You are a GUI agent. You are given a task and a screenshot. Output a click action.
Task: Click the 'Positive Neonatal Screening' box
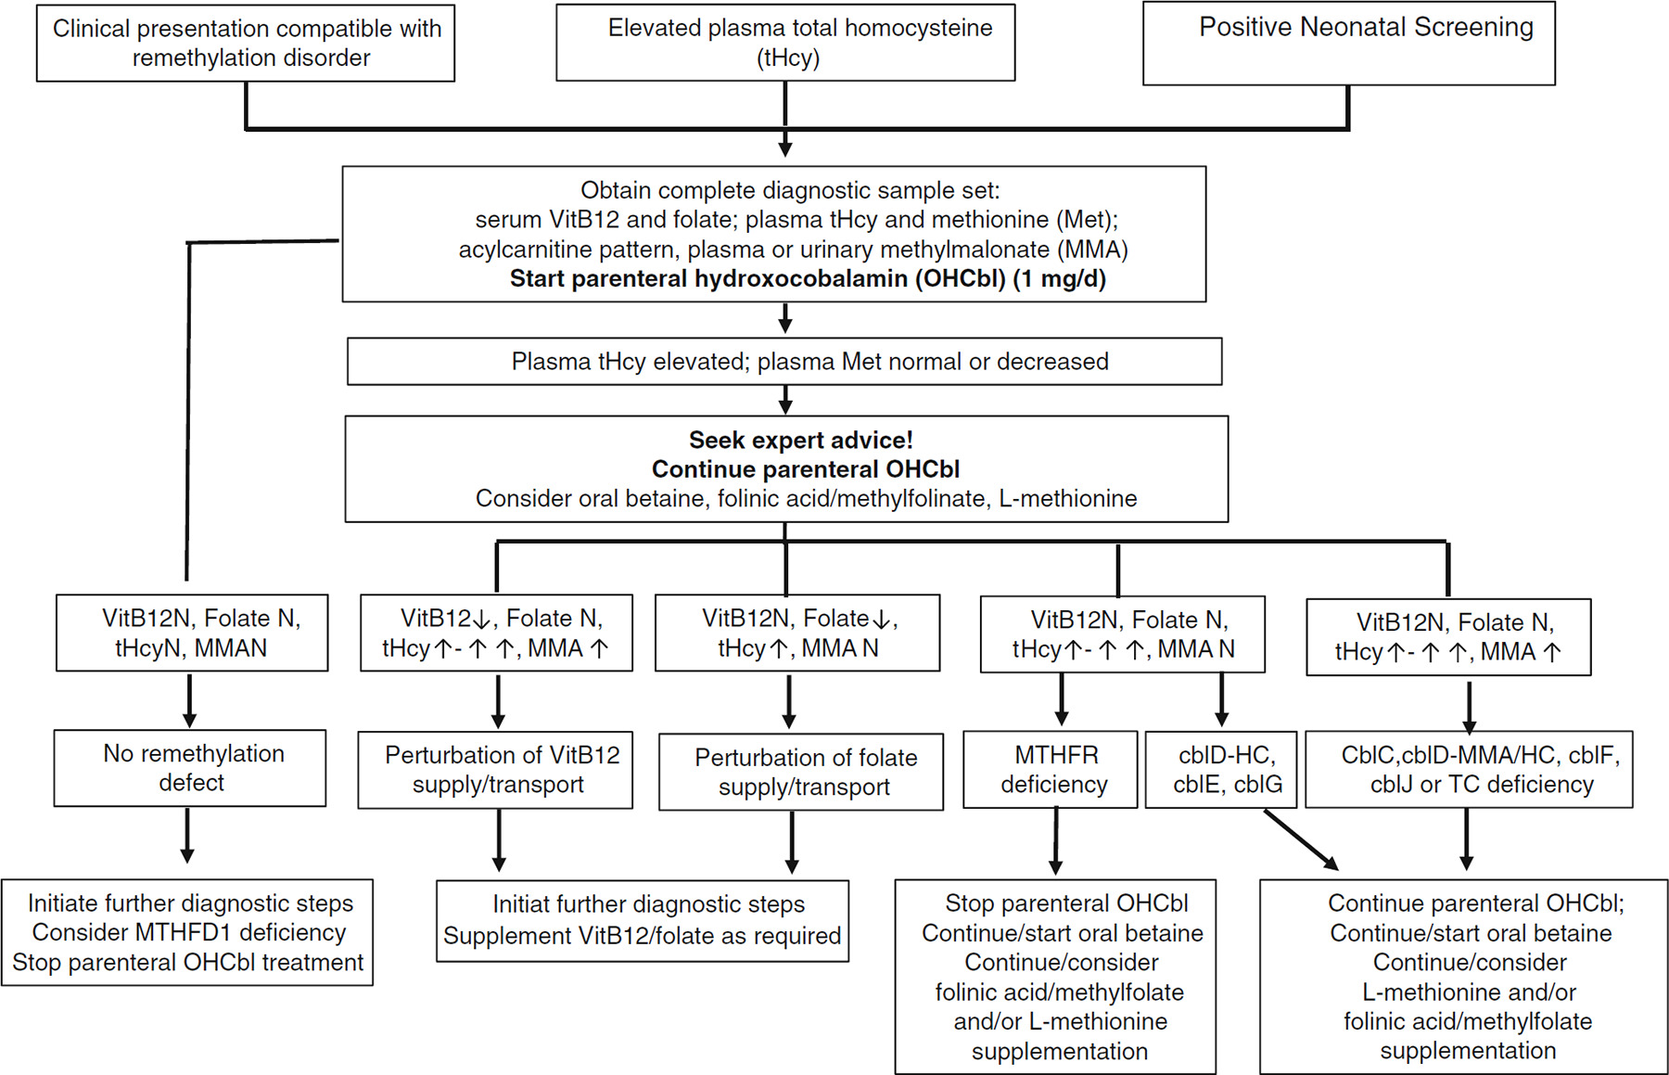point(1349,44)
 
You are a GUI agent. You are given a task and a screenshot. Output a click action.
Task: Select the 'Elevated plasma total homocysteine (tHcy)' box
point(785,43)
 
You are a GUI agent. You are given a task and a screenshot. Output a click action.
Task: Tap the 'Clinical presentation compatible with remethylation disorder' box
point(246,43)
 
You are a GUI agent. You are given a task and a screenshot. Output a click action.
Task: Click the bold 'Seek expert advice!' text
point(801,440)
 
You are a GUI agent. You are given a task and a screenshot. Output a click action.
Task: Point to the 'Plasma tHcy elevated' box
point(784,361)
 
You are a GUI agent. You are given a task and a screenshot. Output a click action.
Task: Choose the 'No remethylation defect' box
point(190,768)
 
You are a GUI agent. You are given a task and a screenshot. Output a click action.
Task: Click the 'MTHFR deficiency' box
point(1051,769)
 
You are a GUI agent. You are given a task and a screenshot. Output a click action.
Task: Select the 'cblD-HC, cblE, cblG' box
point(1221,770)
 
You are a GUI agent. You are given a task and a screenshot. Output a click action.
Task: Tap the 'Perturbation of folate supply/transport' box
point(801,772)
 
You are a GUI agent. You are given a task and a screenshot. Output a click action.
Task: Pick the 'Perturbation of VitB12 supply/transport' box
point(495,770)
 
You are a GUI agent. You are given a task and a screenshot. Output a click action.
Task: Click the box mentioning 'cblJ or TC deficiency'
point(1469,770)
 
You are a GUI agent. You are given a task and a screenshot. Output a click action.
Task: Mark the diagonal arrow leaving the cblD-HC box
point(1301,839)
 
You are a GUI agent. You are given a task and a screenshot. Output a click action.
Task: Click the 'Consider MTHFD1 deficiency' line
point(189,932)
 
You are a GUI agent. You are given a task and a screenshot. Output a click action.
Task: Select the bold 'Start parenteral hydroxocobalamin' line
point(808,279)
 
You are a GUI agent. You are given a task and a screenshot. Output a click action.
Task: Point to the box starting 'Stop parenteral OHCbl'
point(1055,977)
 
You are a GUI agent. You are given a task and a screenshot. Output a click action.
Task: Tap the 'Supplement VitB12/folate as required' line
point(642,936)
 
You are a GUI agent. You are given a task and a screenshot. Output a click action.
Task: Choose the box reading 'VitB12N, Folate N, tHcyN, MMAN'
point(192,633)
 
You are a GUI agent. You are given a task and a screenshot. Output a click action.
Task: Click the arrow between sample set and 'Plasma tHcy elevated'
point(785,318)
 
